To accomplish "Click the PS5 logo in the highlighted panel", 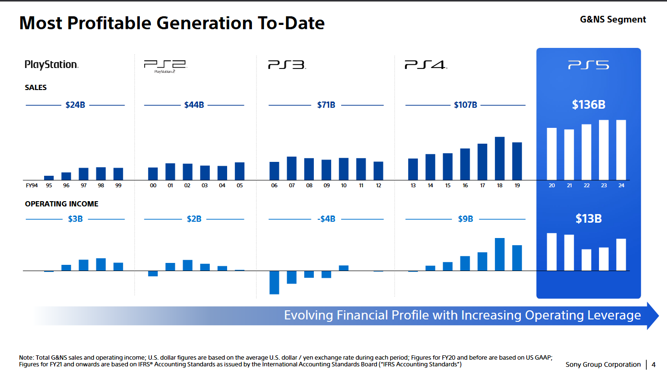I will [588, 65].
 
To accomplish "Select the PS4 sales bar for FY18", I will [500, 158].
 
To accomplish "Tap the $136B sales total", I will [588, 104].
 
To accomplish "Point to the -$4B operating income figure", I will [326, 219].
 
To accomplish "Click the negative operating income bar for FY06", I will [274, 283].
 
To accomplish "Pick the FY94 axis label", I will [31, 185].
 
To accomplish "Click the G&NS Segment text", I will [613, 20].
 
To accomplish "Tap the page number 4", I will [654, 364].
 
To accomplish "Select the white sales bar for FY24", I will [621, 149].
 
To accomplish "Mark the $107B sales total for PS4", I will [465, 105].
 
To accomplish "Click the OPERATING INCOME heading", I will [62, 204].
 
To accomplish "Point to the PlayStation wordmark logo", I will [52, 65].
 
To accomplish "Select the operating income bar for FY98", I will [101, 264].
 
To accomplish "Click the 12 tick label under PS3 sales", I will [379, 185].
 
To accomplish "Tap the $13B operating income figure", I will [588, 219].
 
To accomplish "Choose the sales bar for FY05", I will [240, 171].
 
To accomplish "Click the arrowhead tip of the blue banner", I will [657, 316].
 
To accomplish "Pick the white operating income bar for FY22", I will [586, 260].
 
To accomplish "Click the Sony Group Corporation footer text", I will [603, 364].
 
